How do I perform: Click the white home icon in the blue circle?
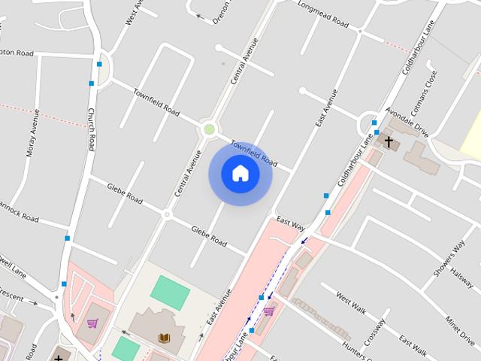coord(240,174)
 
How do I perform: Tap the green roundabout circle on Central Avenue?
coord(210,130)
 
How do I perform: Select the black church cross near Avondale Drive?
coord(389,141)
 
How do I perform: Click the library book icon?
coord(164,338)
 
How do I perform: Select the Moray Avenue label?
coord(32,132)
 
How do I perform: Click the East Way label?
coord(291,223)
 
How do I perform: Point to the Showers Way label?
coord(449,260)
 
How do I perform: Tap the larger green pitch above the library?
coord(171,292)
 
